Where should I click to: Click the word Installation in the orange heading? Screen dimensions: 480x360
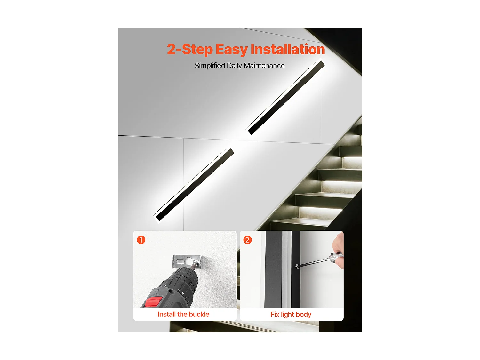point(288,49)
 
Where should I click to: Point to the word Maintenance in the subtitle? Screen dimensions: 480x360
point(264,66)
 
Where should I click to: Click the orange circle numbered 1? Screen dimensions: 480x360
point(141,240)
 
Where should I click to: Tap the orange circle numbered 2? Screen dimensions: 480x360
point(247,240)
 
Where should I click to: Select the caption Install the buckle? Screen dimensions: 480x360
point(183,314)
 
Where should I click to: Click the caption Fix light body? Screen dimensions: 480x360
point(291,315)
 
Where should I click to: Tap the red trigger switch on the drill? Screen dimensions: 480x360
point(154,302)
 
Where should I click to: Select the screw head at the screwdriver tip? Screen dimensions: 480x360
point(297,267)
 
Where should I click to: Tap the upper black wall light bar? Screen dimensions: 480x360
point(286,98)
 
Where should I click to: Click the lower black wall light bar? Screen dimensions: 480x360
point(195,185)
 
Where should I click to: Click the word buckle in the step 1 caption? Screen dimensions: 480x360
point(199,314)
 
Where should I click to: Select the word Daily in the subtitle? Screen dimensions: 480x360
point(234,66)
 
